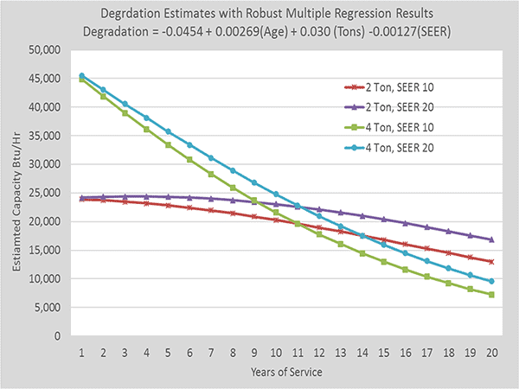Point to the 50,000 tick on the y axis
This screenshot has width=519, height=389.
41,49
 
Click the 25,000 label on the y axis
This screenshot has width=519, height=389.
41,193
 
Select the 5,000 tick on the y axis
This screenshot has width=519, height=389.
43,307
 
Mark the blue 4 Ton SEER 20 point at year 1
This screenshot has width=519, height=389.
80,75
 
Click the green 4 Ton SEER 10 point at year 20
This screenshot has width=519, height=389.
491,295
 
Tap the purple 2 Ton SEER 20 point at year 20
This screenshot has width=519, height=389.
491,239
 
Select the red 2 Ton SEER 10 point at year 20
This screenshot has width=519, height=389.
491,261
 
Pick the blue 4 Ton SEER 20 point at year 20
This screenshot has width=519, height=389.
491,281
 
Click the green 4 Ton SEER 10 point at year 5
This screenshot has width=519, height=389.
167,144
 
